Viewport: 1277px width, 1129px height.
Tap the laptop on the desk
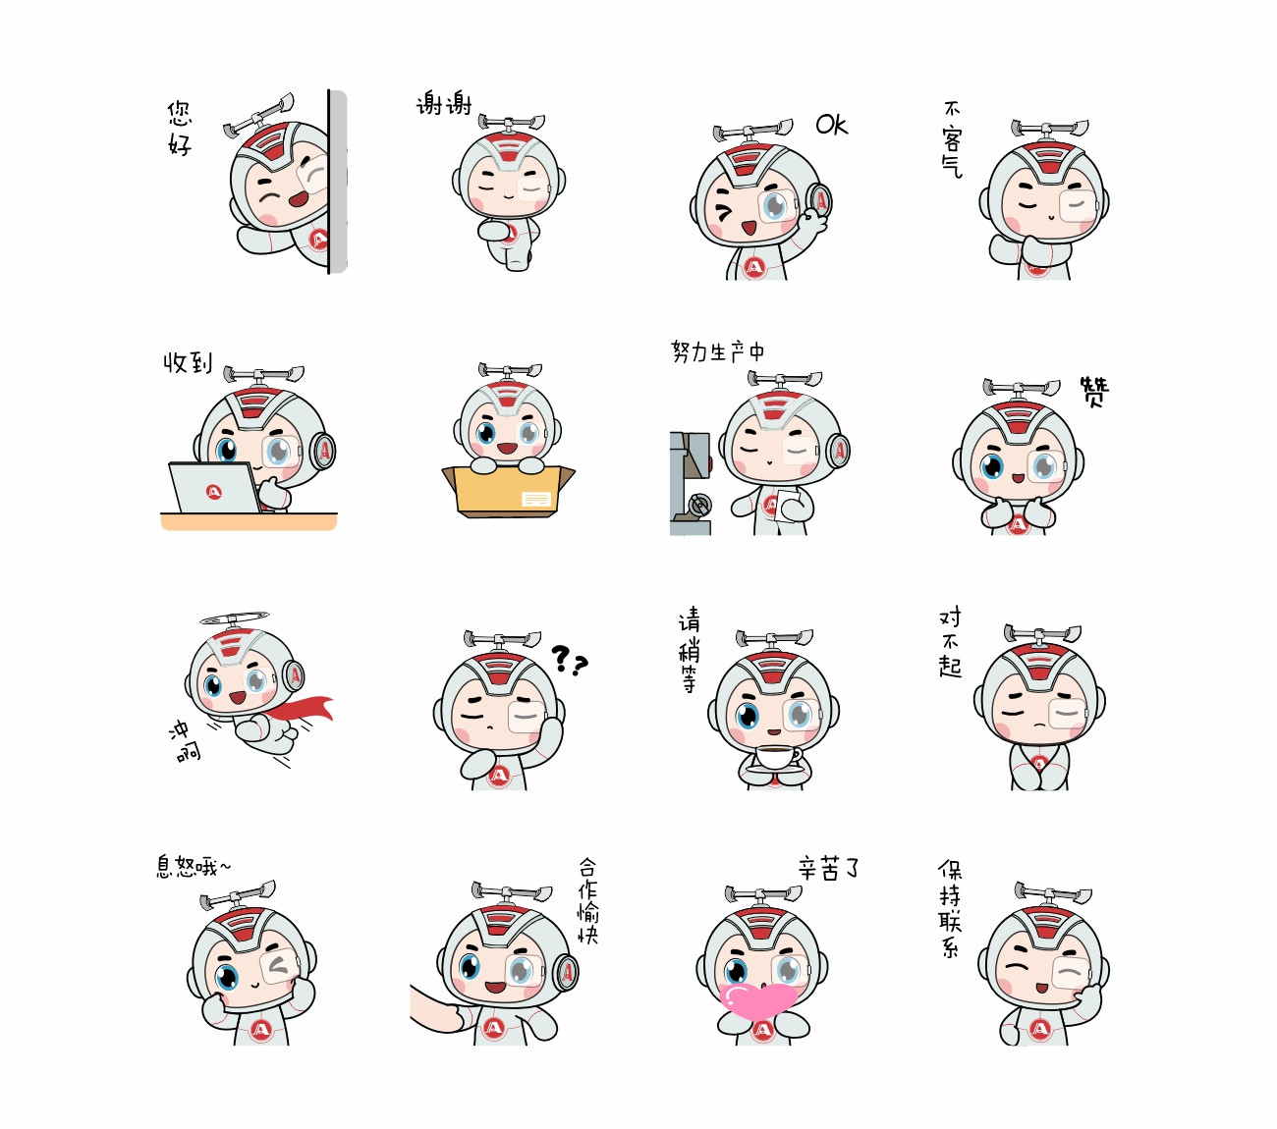[x=215, y=488]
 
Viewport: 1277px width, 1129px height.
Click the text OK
[x=832, y=125]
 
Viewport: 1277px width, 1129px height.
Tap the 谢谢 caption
[x=444, y=103]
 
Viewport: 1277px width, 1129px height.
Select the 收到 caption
[x=188, y=362]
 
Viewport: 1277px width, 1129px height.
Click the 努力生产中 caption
[x=717, y=351]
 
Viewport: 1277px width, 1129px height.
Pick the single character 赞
[x=1094, y=392]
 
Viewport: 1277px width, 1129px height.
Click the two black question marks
[x=570, y=660]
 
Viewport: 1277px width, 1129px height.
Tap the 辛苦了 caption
[x=829, y=868]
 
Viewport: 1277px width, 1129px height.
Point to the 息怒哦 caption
[x=194, y=867]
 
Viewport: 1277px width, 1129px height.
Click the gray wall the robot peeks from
[x=338, y=182]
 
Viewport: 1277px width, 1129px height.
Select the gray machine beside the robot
[x=691, y=483]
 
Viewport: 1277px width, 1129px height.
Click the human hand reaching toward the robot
[x=435, y=1008]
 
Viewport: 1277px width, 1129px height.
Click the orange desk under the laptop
[x=249, y=521]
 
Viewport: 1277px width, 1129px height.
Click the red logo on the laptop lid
[x=214, y=492]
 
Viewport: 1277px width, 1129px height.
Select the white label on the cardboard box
[x=535, y=500]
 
